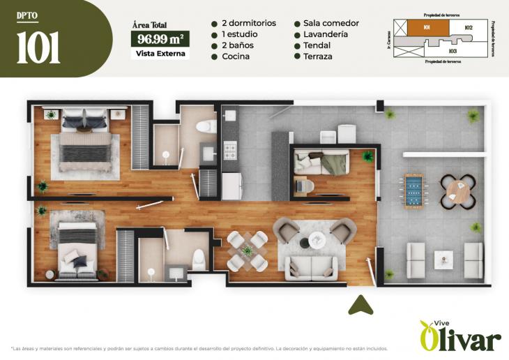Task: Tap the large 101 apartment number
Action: pyautogui.click(x=38, y=47)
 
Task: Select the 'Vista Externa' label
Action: pyautogui.click(x=160, y=54)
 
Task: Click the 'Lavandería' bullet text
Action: pyautogui.click(x=325, y=34)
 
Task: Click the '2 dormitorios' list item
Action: pyautogui.click(x=249, y=23)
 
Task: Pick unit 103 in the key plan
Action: pyautogui.click(x=453, y=51)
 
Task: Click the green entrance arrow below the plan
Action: pyautogui.click(x=360, y=305)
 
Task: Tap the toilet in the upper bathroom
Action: pyautogui.click(x=206, y=127)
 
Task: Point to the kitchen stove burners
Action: pyautogui.click(x=230, y=150)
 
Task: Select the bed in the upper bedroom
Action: pyautogui.click(x=85, y=142)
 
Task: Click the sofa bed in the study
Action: pyautogui.click(x=321, y=163)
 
